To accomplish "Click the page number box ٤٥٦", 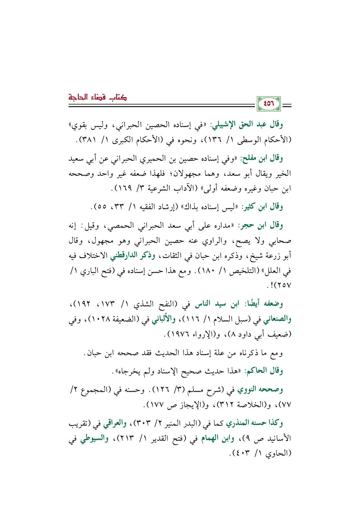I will [x=269, y=104].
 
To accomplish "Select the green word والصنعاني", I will [x=277, y=320].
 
